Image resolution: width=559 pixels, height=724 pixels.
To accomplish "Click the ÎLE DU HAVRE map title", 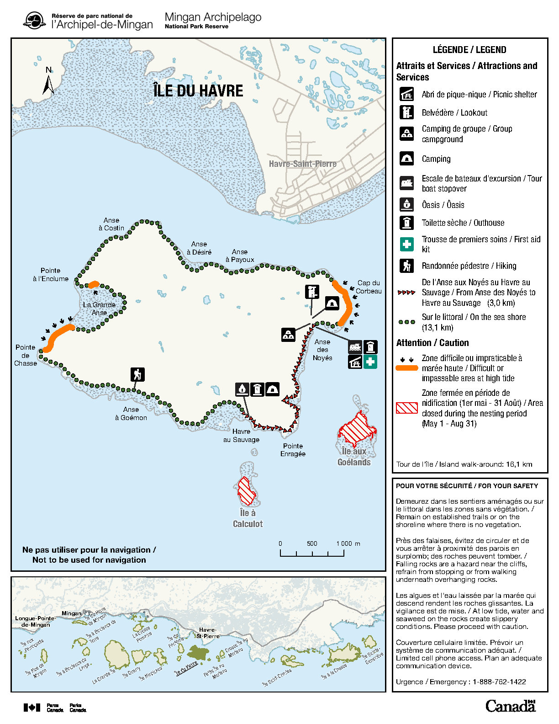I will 198,90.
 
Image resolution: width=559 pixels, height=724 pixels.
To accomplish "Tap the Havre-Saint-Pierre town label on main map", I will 302,164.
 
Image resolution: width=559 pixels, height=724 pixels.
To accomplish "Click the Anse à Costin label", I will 111,224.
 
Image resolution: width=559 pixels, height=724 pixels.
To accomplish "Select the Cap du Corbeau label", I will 369,287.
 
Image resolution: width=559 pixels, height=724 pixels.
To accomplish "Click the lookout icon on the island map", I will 312,292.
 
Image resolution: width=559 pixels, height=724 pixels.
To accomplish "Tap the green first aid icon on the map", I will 370,362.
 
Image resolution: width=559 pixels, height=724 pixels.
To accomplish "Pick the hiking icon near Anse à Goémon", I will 137,374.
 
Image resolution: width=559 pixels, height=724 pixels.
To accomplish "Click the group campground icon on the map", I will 288,335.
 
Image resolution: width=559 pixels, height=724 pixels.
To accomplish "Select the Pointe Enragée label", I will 293,450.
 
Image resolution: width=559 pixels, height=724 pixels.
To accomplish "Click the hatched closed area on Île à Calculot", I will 247,491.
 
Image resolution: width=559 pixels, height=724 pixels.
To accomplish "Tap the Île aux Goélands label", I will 354,457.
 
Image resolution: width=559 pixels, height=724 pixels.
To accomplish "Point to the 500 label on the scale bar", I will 312,543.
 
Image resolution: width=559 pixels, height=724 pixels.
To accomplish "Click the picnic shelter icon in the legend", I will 406,94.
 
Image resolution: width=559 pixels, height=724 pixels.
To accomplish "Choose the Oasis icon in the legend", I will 406,204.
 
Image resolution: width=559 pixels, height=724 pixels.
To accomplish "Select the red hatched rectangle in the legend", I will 406,408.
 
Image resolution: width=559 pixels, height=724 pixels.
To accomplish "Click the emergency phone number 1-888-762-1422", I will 499,681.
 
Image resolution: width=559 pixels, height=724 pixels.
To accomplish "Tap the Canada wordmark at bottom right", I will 510,706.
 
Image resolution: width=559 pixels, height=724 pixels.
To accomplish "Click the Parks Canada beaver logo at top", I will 34,21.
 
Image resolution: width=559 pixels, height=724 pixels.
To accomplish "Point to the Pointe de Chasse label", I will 26,355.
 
